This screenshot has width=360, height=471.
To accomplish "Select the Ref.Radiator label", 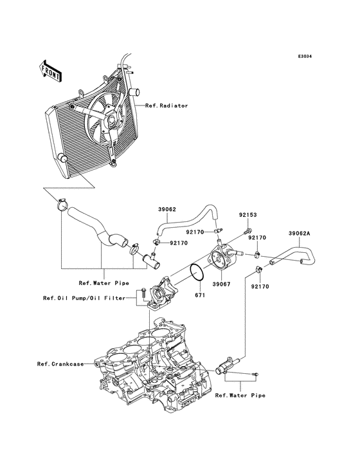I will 166,106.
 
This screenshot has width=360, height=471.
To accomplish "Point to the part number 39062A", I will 300,234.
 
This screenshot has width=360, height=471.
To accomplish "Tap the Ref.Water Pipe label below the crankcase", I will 239,396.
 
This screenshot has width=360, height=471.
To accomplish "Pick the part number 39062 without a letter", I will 167,209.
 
